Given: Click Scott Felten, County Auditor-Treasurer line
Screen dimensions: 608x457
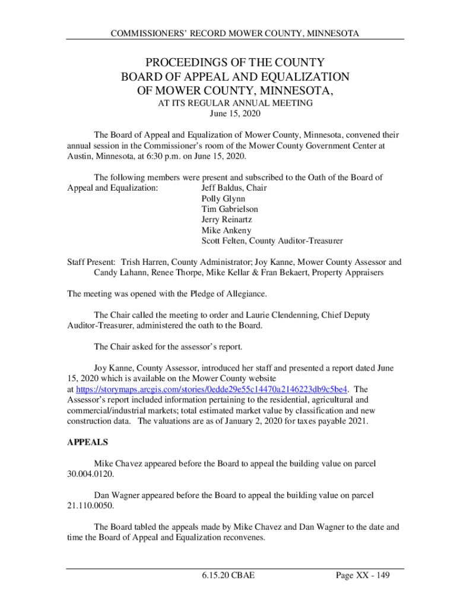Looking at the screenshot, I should tap(272, 241).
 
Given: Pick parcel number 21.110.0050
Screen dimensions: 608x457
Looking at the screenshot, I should tap(90, 506).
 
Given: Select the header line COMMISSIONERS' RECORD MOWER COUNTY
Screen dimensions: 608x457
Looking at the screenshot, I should tap(235, 34).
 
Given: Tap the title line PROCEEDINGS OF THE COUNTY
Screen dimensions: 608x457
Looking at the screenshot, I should tap(235, 63).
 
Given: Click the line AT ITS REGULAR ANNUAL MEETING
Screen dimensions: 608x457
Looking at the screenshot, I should tap(235, 103).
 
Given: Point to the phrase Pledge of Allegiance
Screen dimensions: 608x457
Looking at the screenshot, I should tap(226, 293).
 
